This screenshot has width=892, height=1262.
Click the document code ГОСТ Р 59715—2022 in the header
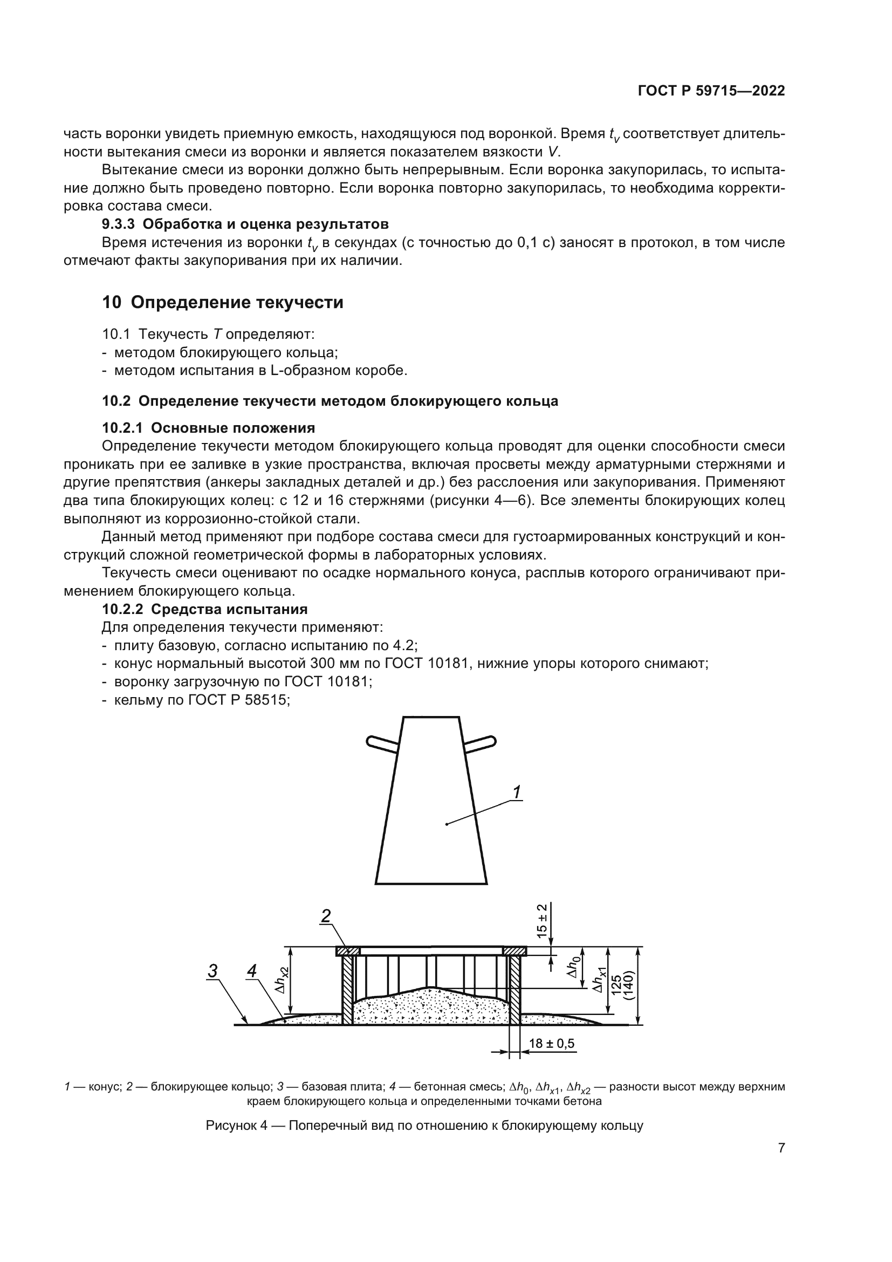tap(711, 91)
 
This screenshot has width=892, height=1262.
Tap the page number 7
tap(781, 1148)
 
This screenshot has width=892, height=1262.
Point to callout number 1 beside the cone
tap(516, 792)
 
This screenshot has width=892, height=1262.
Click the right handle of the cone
tap(480, 742)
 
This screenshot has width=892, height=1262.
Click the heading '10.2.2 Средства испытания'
tap(204, 610)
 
